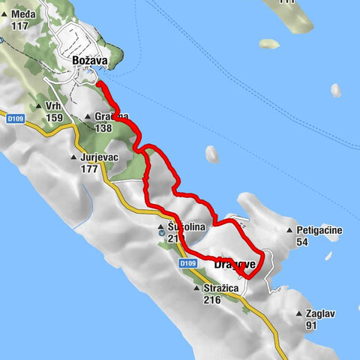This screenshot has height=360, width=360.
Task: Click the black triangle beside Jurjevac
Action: pyautogui.click(x=73, y=157)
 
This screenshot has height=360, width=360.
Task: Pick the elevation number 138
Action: pyautogui.click(x=103, y=127)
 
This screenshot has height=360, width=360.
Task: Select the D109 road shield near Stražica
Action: pyautogui.click(x=188, y=263)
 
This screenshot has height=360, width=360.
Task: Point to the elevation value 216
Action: pyautogui.click(x=212, y=299)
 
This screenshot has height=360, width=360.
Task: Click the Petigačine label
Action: pyautogui.click(x=319, y=230)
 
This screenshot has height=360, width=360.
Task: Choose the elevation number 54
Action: pyautogui.click(x=303, y=241)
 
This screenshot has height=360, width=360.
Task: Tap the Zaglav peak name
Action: pyautogui.click(x=322, y=313)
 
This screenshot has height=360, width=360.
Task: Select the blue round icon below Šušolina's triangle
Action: pyautogui.click(x=162, y=233)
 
